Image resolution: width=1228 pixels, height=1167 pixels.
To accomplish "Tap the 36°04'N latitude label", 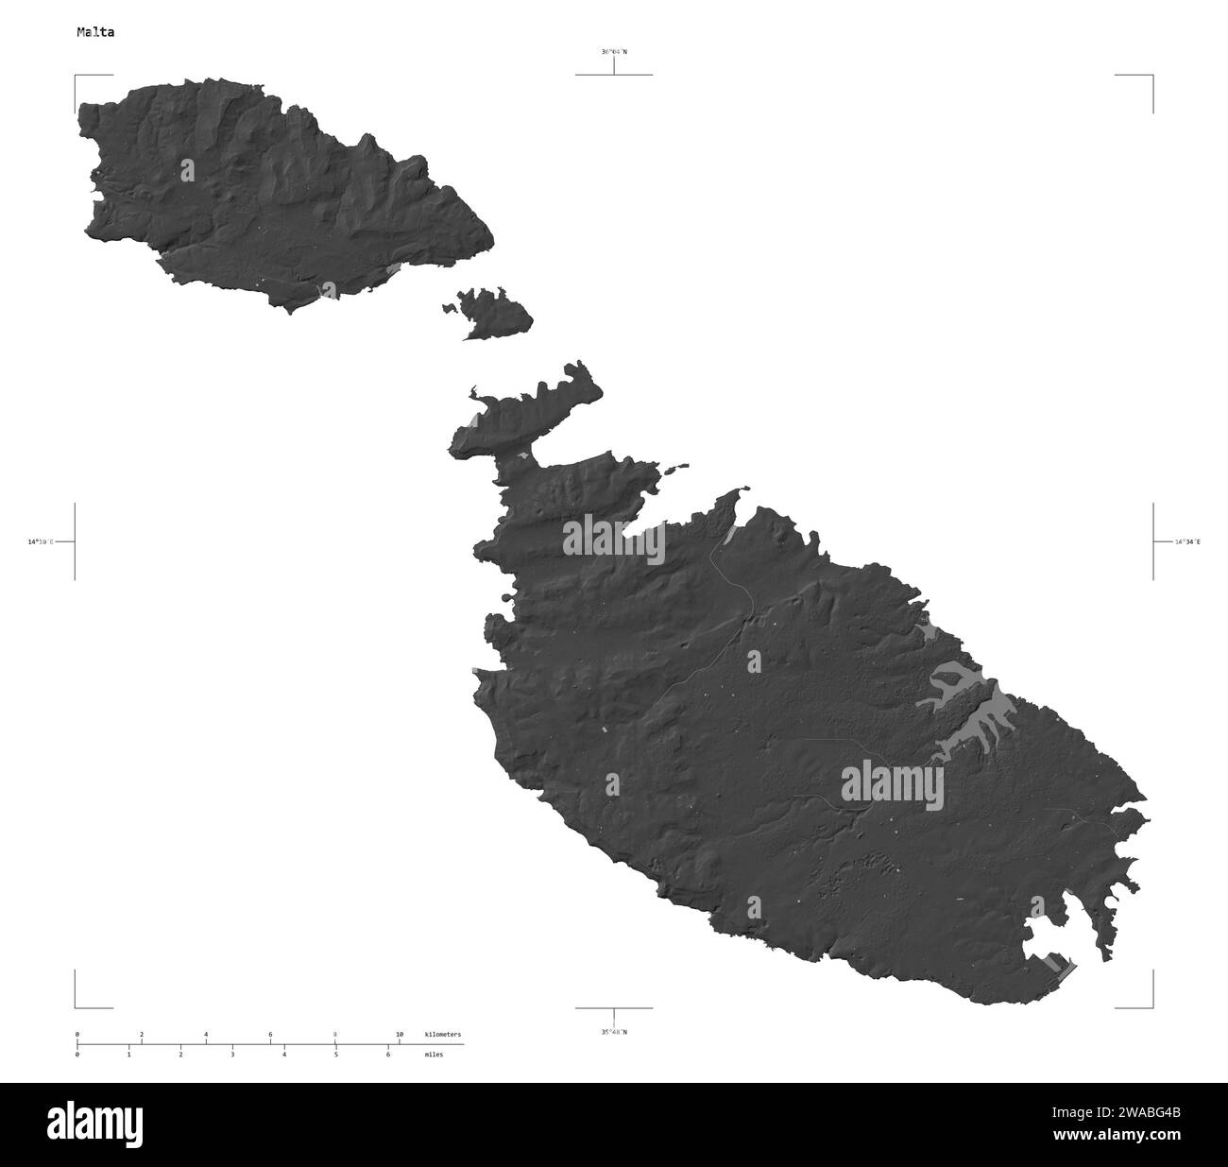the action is coord(613,52).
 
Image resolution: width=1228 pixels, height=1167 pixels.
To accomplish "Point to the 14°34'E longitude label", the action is coord(1187,542).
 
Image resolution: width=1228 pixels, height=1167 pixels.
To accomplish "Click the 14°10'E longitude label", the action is coord(41,542).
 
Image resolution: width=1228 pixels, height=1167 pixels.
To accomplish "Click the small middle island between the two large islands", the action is coord(494,312).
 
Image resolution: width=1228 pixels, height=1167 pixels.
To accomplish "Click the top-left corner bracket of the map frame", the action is coord(77,76).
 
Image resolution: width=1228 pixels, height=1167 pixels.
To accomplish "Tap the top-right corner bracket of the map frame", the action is coord(1151,76).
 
